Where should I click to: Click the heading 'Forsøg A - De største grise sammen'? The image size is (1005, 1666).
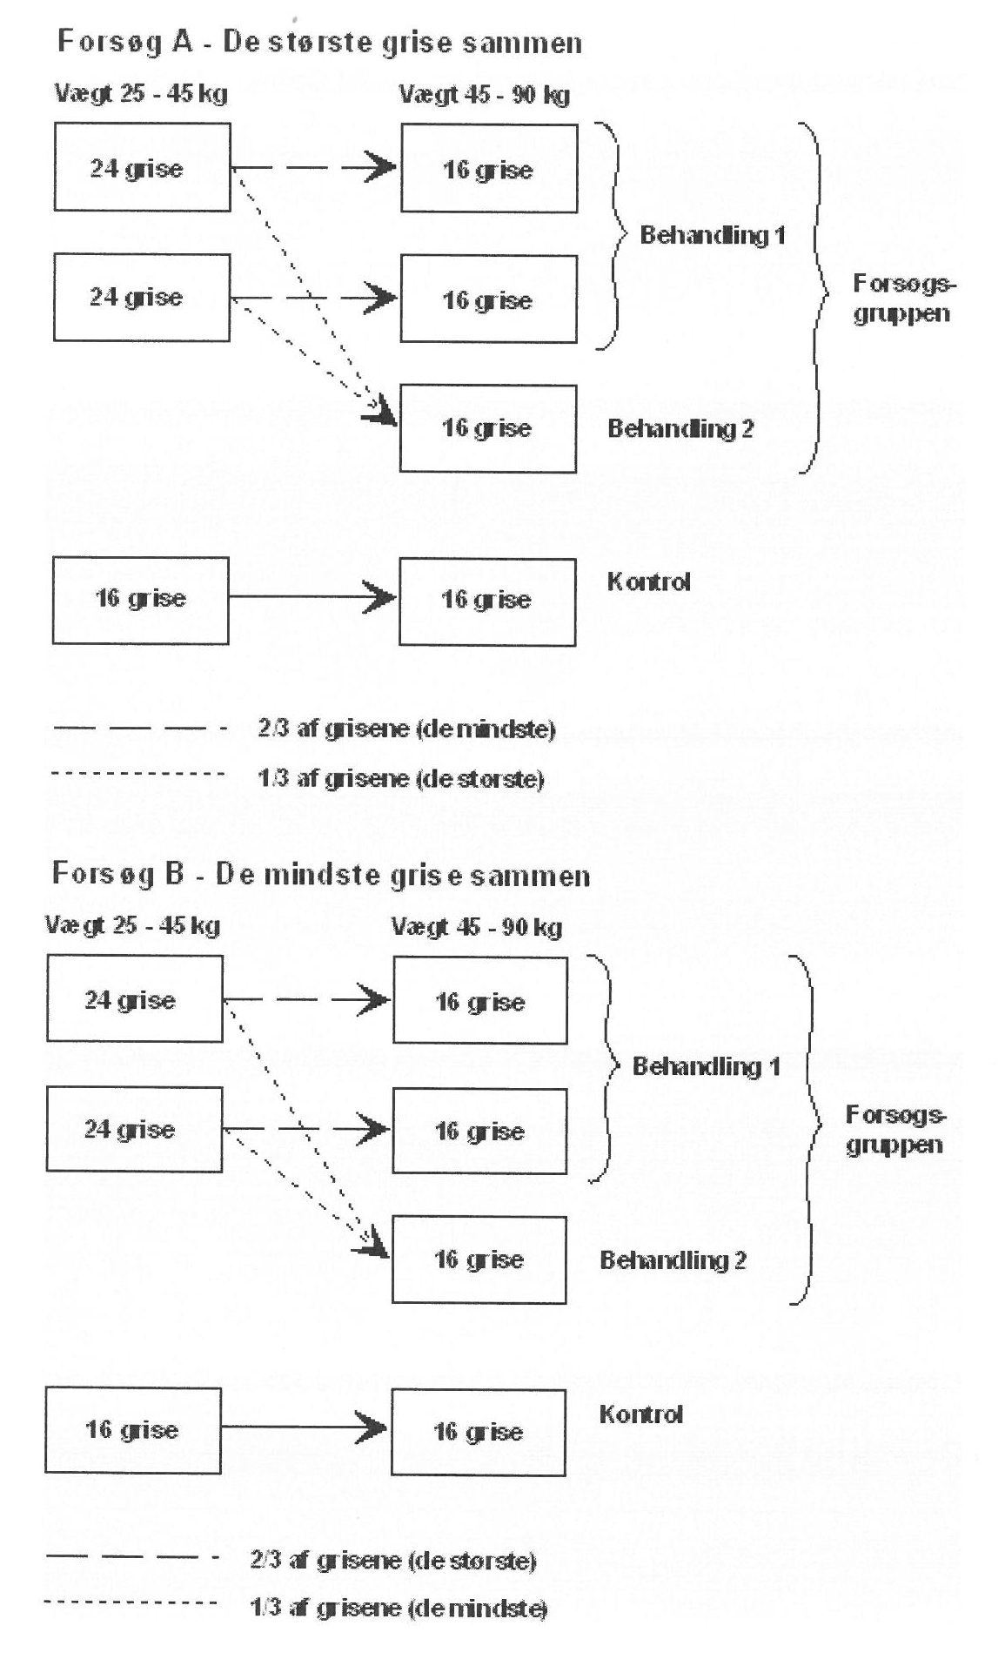coord(319,42)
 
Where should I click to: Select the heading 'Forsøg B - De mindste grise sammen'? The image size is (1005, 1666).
coord(321,874)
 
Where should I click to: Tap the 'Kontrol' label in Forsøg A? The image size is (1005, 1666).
coord(648,582)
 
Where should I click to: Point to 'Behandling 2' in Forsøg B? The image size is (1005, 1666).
coord(673,1260)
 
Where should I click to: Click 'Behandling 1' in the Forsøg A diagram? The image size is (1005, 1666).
coord(713,235)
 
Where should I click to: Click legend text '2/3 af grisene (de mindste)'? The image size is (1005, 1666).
coord(406,729)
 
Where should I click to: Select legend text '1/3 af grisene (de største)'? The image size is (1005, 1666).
coord(401,778)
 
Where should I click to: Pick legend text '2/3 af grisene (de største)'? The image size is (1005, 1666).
coord(392,1561)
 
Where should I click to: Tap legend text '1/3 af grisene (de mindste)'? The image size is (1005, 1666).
coord(399,1609)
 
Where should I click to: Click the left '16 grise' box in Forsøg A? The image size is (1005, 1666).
coord(140,600)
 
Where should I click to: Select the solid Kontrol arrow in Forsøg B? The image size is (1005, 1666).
coord(305,1428)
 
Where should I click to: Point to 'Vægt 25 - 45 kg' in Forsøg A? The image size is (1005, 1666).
coord(141,93)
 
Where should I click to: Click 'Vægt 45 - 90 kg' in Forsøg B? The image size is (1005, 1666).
coord(476,927)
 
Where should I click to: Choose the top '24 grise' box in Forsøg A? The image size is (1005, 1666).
coord(142,167)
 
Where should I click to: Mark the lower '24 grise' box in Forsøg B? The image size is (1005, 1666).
coord(134,1129)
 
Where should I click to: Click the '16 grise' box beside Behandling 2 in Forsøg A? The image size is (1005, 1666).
coord(487,428)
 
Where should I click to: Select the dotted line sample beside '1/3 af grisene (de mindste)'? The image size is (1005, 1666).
coord(131,1602)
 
